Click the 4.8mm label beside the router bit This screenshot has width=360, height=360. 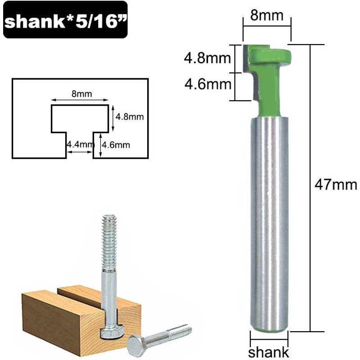click(207, 58)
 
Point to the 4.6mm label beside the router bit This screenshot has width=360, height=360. click(207, 84)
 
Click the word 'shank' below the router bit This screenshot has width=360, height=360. click(269, 352)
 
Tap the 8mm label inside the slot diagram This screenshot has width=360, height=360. click(81, 94)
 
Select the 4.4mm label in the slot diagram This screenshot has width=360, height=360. click(79, 144)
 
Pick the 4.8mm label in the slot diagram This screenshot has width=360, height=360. click(130, 117)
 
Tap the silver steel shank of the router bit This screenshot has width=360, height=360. click(269, 216)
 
